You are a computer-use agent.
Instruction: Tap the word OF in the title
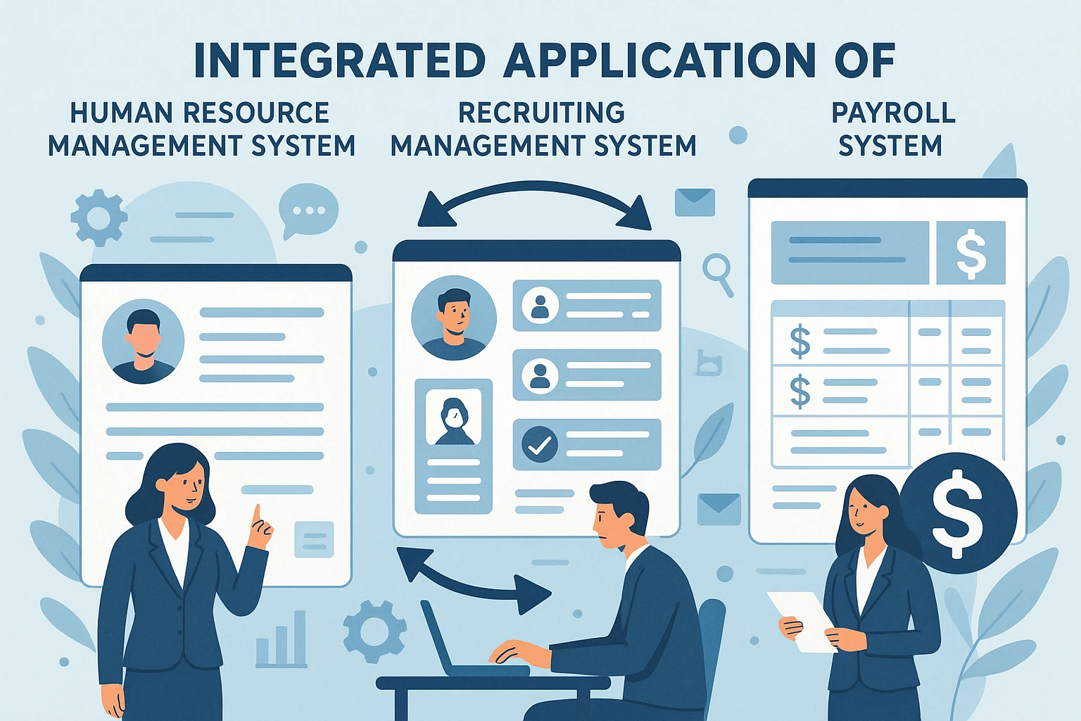tap(865, 61)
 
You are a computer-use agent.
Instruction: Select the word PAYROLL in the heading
tap(893, 113)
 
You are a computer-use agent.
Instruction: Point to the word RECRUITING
tap(541, 113)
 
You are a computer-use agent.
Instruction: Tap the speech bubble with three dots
tap(308, 210)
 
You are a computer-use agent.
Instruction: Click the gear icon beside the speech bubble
tap(99, 218)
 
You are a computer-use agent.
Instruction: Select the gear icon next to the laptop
tap(374, 631)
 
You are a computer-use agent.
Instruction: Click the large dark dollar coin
tap(958, 512)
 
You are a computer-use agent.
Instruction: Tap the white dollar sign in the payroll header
tap(971, 253)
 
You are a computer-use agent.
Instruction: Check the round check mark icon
tap(540, 444)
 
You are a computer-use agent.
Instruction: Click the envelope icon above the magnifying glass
tap(695, 202)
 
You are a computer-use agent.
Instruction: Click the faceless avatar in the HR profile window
tap(143, 341)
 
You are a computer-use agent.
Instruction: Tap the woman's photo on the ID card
tap(454, 418)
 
